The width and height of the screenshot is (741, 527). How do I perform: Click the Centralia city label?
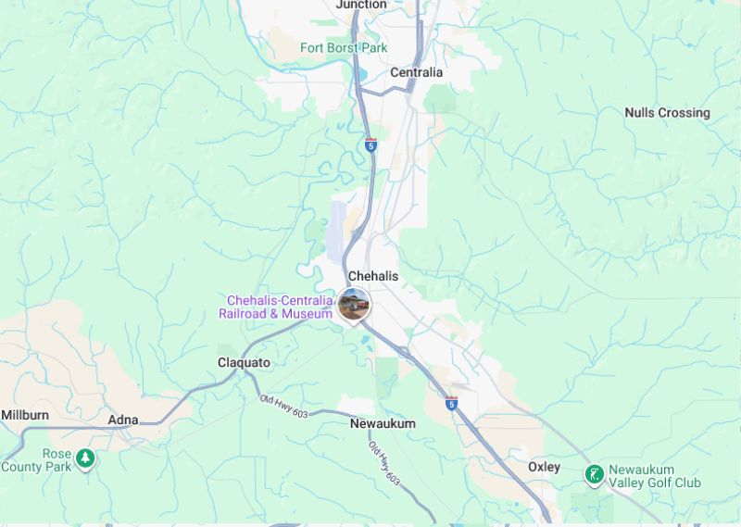coord(416,72)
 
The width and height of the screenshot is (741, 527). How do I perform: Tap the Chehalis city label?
coord(372,276)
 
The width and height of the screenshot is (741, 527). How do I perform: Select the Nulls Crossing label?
coord(667,113)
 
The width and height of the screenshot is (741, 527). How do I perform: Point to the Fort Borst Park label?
coord(344,47)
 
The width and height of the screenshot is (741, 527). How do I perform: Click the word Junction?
coord(361,5)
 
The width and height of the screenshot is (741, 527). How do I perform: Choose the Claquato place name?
coord(244,362)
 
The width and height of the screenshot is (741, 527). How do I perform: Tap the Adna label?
coord(123,420)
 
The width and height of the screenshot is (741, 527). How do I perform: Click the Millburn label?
coord(25,415)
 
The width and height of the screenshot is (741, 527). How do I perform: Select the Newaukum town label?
coord(383,423)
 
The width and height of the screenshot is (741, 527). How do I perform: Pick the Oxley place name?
coord(544,467)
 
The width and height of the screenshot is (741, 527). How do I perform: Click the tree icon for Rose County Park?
coord(85,458)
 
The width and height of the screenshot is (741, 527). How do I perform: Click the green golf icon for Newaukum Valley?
coord(594,475)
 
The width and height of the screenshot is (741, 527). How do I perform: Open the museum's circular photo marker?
coord(353,304)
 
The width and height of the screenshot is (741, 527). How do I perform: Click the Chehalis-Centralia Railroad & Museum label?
coord(275,307)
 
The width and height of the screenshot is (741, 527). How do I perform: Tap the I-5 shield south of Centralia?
coord(370,144)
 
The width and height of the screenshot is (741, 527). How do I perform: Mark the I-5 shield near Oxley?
coord(451,403)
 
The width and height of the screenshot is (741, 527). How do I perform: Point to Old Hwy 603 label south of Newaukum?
coord(383,463)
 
